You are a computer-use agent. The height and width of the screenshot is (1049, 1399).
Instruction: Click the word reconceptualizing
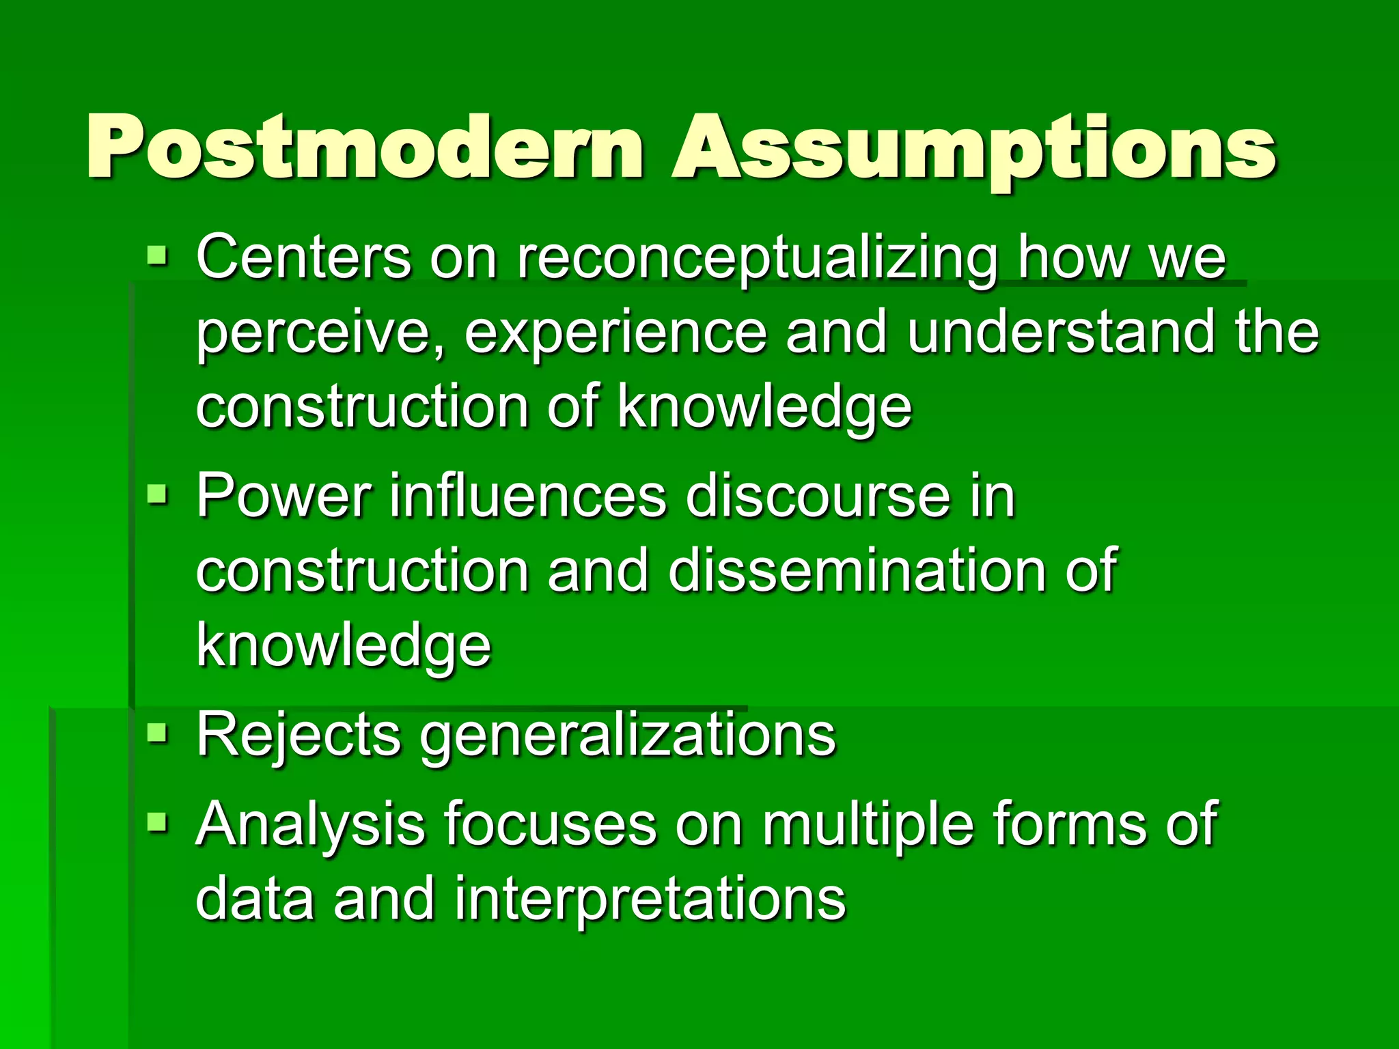pyautogui.click(x=757, y=260)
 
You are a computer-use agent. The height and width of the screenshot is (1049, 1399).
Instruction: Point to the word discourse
pyautogui.click(x=817, y=496)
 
